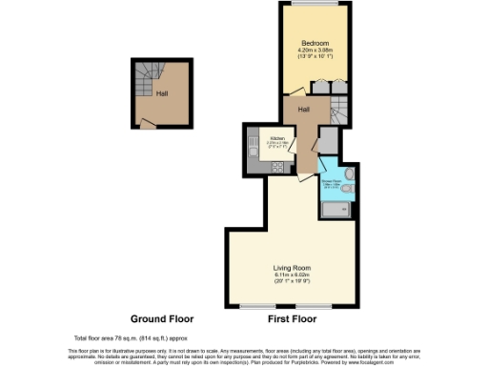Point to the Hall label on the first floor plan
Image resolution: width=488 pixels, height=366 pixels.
click(x=303, y=110)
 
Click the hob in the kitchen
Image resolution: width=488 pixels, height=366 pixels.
click(x=278, y=166)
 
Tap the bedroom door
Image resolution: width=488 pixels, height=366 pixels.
click(x=320, y=87)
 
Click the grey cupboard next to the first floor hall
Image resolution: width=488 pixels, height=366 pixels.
click(x=328, y=142)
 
